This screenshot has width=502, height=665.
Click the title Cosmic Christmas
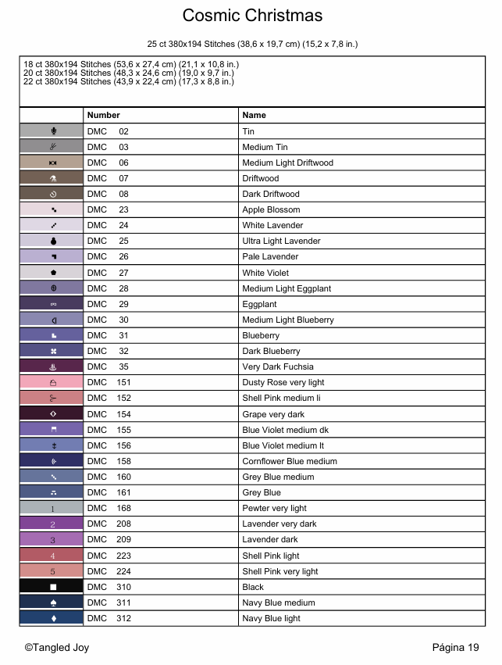[x=251, y=16]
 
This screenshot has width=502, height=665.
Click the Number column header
[x=104, y=115]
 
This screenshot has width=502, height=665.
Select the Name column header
[x=254, y=115]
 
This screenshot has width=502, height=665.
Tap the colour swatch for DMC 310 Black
[x=52, y=587]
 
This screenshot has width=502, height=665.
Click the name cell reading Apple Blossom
[x=271, y=209]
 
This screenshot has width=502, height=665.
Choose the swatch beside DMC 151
[x=52, y=383]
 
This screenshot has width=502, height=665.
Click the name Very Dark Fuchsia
[x=278, y=366]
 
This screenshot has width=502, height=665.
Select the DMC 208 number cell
[x=109, y=524]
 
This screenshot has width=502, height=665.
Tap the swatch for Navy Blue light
[x=52, y=618]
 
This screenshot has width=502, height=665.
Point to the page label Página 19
[x=455, y=647]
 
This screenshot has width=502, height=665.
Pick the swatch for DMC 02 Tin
[x=52, y=131]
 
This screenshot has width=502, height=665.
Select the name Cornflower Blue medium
[x=290, y=461]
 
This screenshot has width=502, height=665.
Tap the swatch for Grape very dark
[x=52, y=414]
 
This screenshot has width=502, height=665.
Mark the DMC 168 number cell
[x=109, y=508]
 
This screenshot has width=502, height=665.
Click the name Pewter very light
[x=274, y=508]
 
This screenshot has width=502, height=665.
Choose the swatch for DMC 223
[x=52, y=556]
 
